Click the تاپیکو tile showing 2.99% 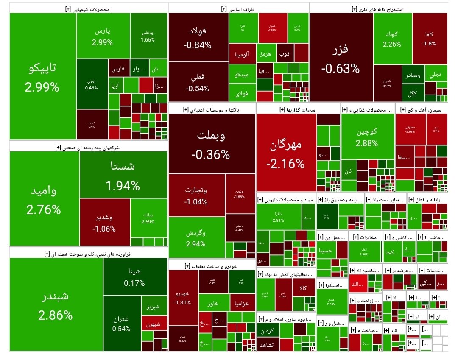[x=42, y=76]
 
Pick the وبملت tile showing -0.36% [x=211, y=144]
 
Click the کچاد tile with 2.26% [x=392, y=38]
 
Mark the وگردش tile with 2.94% [x=196, y=238]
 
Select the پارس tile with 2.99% [x=103, y=36]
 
